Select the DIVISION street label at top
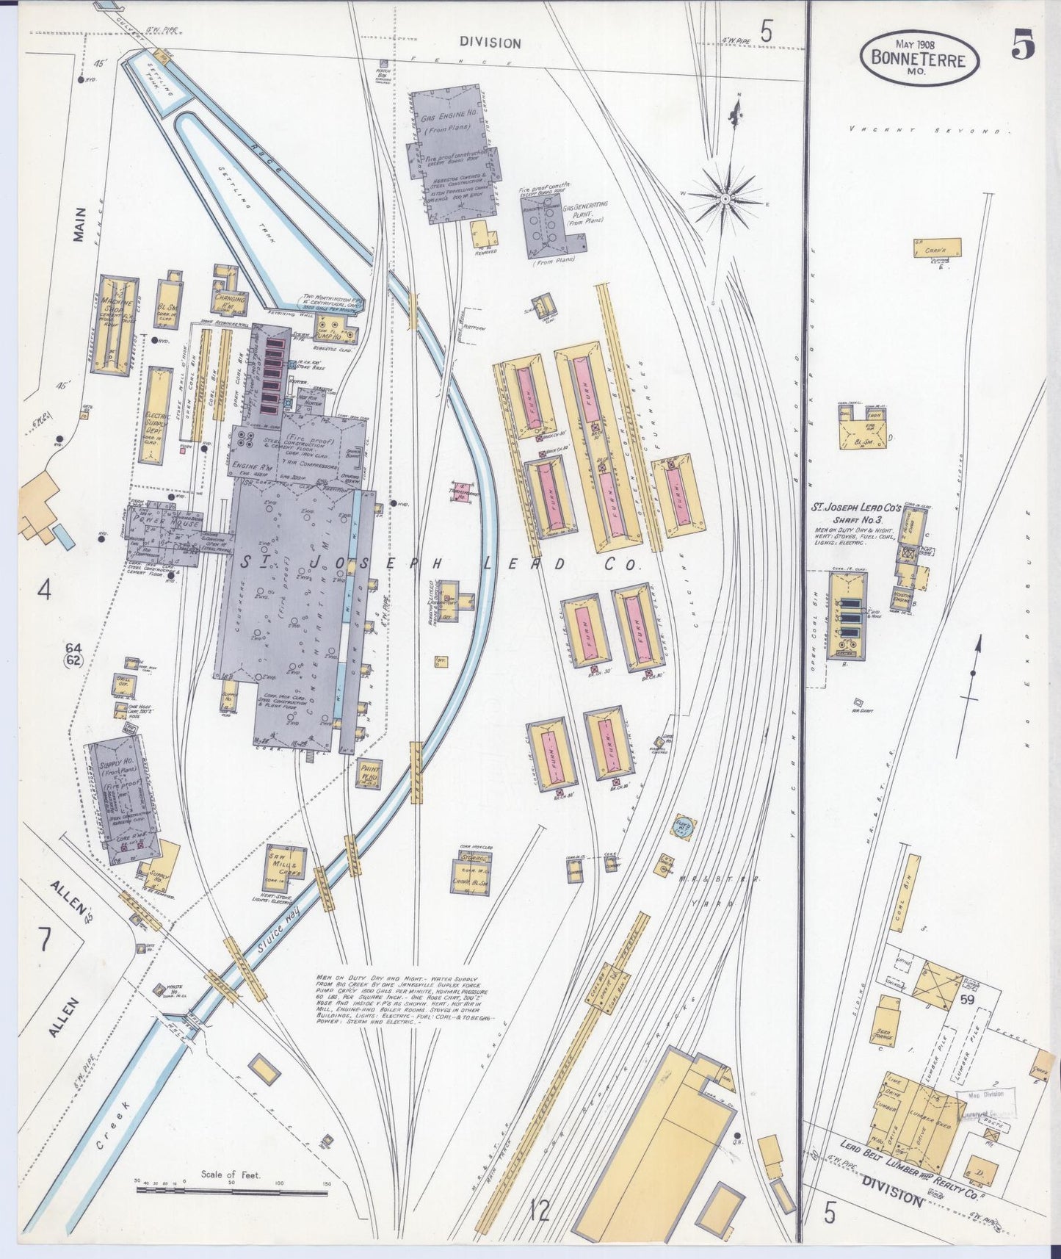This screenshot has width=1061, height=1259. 490,43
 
